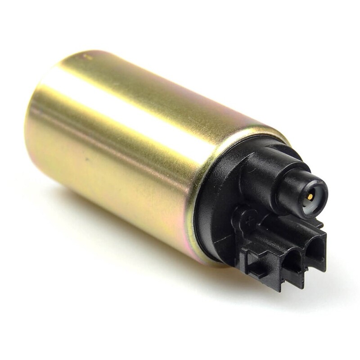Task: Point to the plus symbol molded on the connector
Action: point(247,221)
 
